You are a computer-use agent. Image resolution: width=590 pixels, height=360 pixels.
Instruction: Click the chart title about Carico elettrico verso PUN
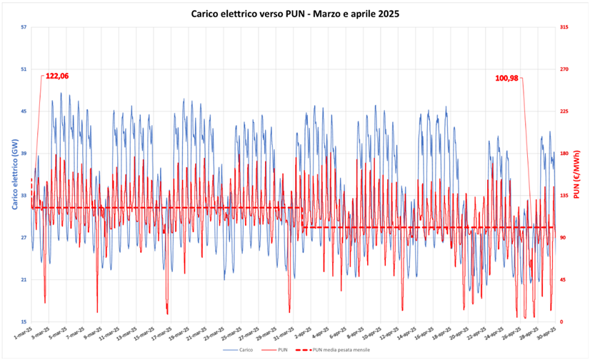(295, 14)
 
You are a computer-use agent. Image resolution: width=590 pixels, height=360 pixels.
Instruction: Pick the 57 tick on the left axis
(24, 27)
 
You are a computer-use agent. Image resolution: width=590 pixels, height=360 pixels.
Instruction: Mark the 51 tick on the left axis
(24, 69)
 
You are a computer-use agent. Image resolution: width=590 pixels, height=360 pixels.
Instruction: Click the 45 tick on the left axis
(24, 111)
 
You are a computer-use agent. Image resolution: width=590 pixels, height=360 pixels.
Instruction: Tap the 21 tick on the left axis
(24, 279)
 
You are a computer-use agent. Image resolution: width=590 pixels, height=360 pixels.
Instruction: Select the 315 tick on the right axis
(564, 27)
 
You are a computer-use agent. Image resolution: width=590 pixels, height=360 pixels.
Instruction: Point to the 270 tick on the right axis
(564, 69)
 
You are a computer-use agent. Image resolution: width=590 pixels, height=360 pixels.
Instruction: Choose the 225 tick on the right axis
(564, 111)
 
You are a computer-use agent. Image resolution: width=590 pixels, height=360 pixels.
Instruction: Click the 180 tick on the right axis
(564, 154)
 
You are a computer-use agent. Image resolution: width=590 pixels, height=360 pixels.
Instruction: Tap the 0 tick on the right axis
(561, 321)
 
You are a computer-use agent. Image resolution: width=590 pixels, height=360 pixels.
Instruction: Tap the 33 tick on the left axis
(24, 195)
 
